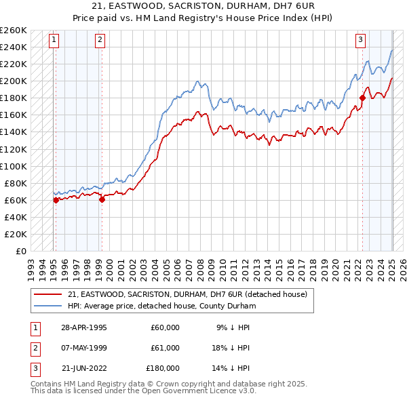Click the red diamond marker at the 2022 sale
pyautogui.click(x=362, y=98)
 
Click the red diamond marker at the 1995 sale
pyautogui.click(x=56, y=199)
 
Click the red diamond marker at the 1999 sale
pyautogui.click(x=102, y=199)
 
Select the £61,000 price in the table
pyautogui.click(x=165, y=348)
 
